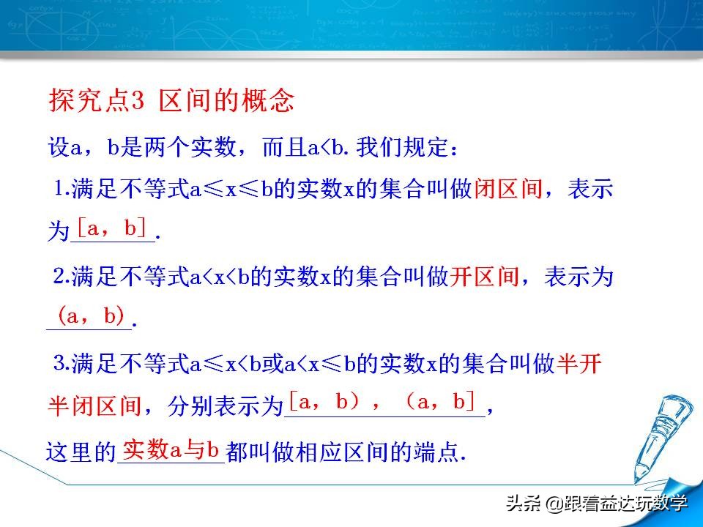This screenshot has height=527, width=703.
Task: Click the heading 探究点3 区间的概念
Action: (x=171, y=100)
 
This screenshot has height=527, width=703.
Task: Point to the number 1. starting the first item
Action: (x=62, y=188)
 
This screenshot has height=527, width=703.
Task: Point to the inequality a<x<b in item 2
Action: (x=220, y=277)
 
